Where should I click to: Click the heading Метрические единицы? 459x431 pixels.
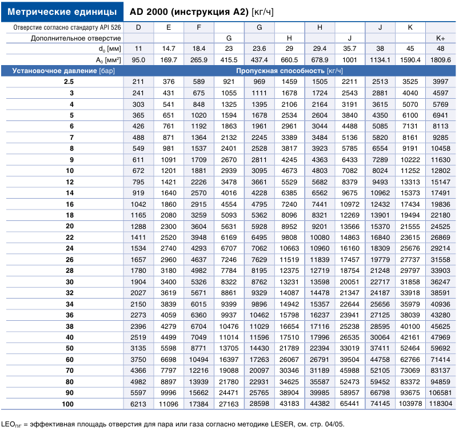click(62, 11)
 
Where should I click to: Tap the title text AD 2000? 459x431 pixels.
click(149, 11)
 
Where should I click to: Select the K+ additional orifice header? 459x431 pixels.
click(440, 38)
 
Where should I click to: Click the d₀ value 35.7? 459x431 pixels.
click(349, 49)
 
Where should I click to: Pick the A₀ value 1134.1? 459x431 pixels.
click(380, 60)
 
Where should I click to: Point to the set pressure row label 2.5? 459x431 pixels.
click(69, 82)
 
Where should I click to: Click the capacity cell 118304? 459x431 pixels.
click(440, 404)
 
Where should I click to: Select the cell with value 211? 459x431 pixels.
click(138, 82)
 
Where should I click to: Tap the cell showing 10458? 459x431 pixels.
click(440, 148)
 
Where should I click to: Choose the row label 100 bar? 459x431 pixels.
click(67, 404)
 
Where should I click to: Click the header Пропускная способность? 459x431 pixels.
click(280, 71)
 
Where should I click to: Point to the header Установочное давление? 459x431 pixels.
click(54, 71)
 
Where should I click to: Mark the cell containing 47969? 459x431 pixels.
click(440, 337)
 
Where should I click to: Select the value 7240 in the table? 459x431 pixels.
click(289, 204)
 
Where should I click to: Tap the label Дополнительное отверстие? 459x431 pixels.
click(76, 38)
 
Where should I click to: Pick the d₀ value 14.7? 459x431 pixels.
click(169, 49)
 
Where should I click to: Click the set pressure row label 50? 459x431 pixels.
click(70, 348)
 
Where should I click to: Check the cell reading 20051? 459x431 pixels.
click(349, 282)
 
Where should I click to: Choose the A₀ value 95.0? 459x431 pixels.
click(138, 60)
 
